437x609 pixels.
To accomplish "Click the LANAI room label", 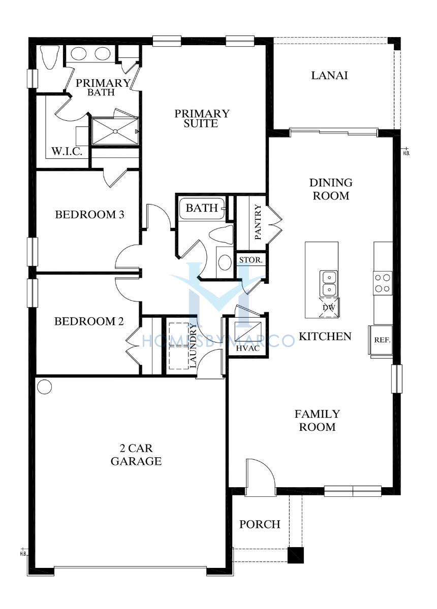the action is [x=329, y=75].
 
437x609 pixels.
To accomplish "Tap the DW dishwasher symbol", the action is [x=329, y=308].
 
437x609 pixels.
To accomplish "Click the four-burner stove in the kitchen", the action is [x=383, y=283].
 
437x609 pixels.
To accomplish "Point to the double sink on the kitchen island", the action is [x=329, y=283].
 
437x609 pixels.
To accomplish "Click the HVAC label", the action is [x=248, y=348].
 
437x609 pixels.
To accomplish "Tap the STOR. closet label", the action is [x=251, y=260].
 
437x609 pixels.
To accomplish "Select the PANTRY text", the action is [x=258, y=222].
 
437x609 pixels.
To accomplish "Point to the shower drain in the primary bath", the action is [x=115, y=131].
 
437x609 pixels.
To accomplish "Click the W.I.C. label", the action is [x=67, y=151].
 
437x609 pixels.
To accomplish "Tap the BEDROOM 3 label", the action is [x=89, y=215].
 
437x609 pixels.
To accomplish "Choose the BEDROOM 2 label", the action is [x=89, y=321].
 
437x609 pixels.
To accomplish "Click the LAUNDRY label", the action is [x=193, y=346].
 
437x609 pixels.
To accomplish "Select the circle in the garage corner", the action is [x=44, y=386].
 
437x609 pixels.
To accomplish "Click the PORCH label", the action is [x=260, y=524].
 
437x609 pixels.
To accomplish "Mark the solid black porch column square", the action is [x=296, y=555].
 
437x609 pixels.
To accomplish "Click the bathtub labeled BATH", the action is [x=202, y=208].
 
